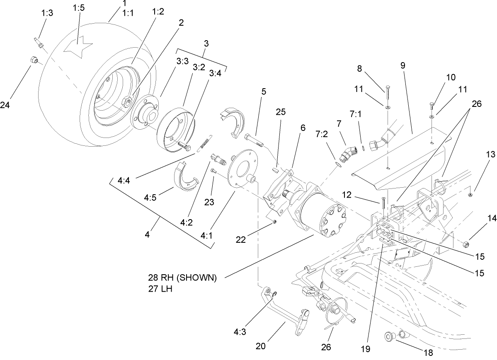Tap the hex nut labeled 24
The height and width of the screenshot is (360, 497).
click(35, 60)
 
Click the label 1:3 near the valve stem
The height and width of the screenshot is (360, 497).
click(47, 13)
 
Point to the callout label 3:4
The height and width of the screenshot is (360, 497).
click(215, 73)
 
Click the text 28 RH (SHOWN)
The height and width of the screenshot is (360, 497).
click(182, 278)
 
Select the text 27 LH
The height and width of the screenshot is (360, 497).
click(160, 289)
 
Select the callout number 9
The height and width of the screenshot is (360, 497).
click(403, 65)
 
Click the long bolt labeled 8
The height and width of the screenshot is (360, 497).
click(387, 93)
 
